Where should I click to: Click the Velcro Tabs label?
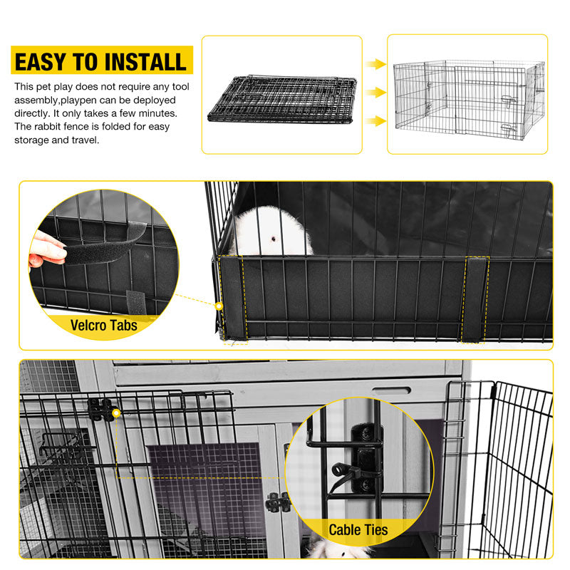[105, 326]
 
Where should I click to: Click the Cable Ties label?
[358, 529]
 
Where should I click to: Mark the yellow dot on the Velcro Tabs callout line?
[219, 306]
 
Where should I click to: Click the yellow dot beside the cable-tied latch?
[115, 413]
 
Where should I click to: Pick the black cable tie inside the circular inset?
[349, 473]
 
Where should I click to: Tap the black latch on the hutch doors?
[277, 502]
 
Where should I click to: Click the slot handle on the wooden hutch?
[391, 390]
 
